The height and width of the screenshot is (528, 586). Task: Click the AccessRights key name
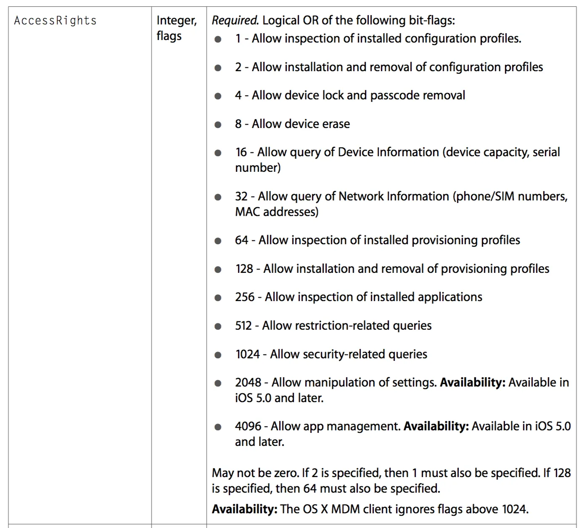[x=55, y=21]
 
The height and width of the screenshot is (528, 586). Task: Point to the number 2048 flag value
[x=248, y=382]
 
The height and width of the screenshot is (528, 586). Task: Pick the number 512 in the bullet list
[x=243, y=325]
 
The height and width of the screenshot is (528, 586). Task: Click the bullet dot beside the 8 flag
[x=218, y=125]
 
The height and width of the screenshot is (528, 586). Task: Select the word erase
[x=336, y=124]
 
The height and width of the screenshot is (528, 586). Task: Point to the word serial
[x=546, y=152]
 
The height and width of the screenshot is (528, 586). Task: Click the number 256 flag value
[x=245, y=297]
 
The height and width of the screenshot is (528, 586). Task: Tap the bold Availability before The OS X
[x=244, y=509]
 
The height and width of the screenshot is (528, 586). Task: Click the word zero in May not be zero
[x=286, y=473]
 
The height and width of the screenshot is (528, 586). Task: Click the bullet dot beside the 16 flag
[x=218, y=153]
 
